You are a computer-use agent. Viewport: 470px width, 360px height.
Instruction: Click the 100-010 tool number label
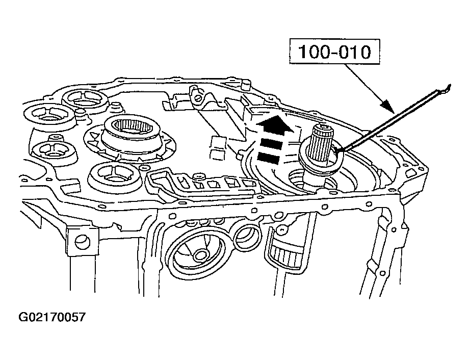pyautogui.click(x=334, y=52)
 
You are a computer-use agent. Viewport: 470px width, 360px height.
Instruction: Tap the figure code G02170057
pyautogui.click(x=52, y=317)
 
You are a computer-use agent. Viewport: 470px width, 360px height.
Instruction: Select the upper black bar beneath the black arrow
pyautogui.click(x=271, y=144)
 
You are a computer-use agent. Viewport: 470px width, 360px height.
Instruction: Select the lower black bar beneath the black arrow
pyautogui.click(x=269, y=158)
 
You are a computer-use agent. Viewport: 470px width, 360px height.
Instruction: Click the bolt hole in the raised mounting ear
pyautogui.click(x=197, y=98)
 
